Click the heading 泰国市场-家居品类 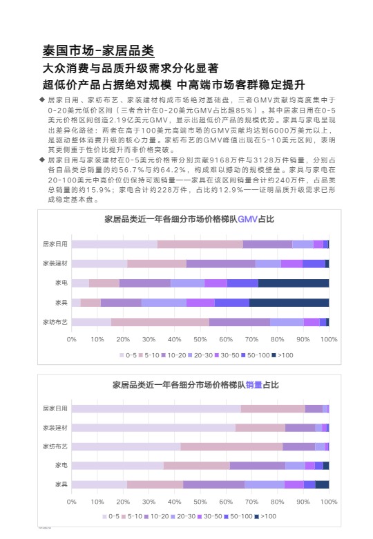(x=98, y=51)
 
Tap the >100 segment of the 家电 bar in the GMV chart (x=294, y=283)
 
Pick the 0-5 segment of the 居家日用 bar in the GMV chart (x=114, y=244)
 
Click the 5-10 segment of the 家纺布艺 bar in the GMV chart (x=160, y=322)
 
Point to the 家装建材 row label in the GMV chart (x=55, y=263)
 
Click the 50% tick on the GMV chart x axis (x=200, y=340)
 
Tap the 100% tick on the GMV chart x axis (x=329, y=340)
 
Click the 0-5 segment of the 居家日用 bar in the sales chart (x=155, y=408)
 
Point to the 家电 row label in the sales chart (x=61, y=466)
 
